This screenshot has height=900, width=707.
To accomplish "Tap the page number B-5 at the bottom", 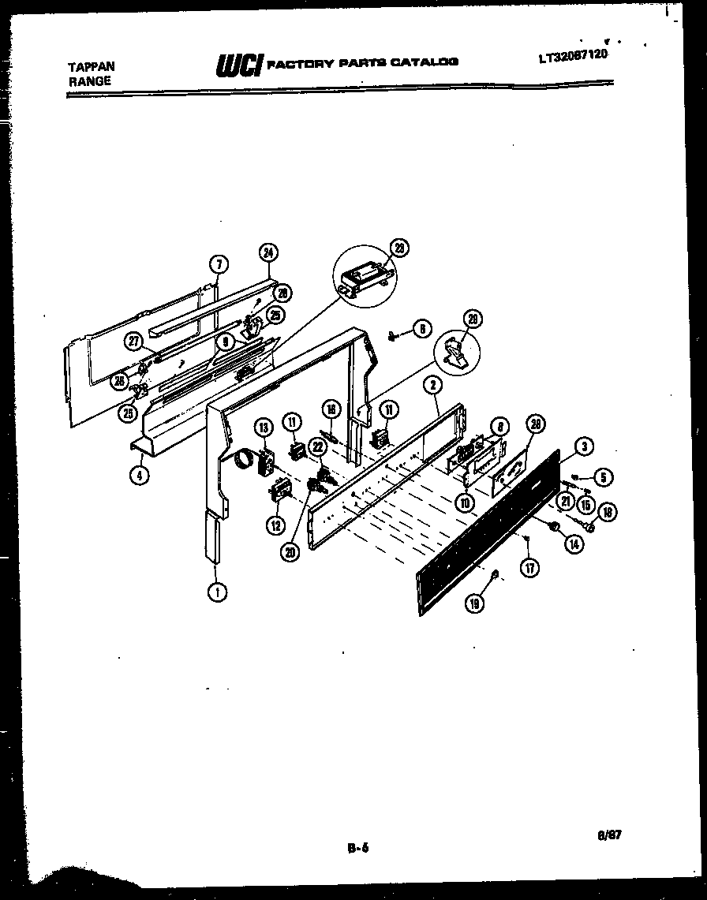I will click(x=358, y=849).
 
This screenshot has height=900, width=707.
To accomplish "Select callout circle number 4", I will click(x=139, y=476).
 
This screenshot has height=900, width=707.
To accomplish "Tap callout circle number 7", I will click(x=220, y=265).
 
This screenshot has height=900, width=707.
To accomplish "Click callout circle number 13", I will click(x=263, y=427).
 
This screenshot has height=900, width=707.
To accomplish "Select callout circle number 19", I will click(x=474, y=603).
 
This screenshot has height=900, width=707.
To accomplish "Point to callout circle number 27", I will click(x=134, y=341).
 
